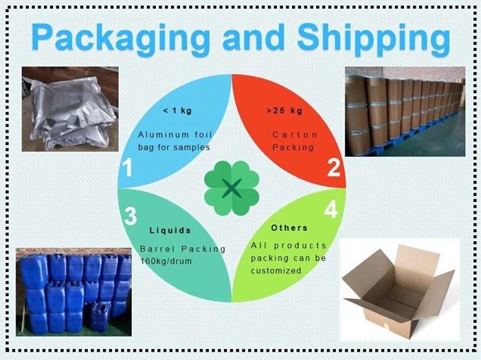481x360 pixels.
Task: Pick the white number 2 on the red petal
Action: [x=333, y=168]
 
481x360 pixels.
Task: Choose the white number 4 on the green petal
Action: [x=331, y=210]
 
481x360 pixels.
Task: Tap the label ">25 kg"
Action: [x=284, y=111]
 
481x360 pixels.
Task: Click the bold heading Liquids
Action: [x=170, y=230]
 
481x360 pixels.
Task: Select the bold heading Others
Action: [x=289, y=227]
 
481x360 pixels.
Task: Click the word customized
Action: [x=276, y=271]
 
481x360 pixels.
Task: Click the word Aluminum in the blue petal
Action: [x=161, y=135]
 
